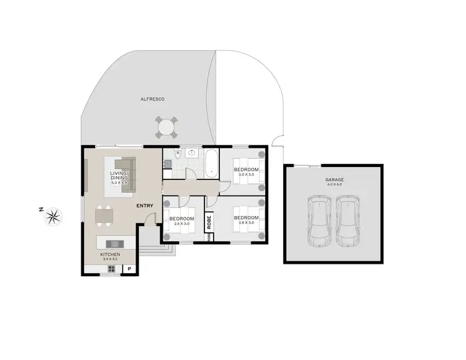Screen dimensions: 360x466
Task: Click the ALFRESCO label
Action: point(152,99)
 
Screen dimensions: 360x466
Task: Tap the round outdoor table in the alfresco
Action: point(166,128)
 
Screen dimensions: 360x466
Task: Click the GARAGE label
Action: point(334,179)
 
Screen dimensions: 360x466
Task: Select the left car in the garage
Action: point(319,221)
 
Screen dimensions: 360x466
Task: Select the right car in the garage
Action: point(347,221)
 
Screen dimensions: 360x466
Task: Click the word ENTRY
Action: point(145,205)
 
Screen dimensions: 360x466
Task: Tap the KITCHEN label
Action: point(111,254)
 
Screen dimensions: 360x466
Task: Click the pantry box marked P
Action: point(130,269)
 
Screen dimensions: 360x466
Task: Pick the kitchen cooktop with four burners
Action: point(112,269)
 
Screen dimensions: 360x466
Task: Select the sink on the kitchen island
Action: point(114,243)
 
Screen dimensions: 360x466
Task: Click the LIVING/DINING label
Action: point(119,176)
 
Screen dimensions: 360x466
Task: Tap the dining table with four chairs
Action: point(104,216)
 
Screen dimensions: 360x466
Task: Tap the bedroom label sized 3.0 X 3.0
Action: point(246,169)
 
